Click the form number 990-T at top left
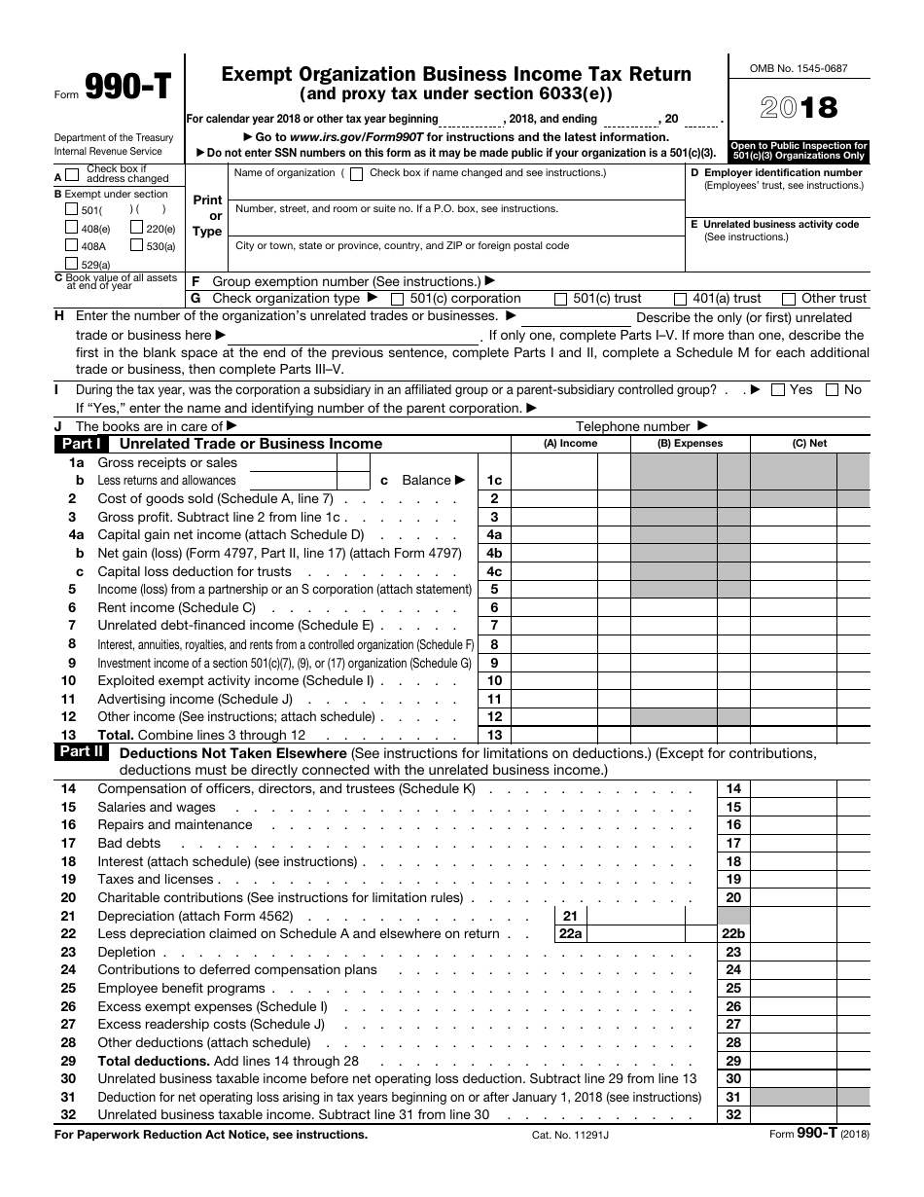(x=128, y=89)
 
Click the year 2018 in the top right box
(x=799, y=108)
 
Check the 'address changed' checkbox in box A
(x=71, y=176)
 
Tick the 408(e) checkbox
(x=71, y=228)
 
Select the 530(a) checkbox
(x=137, y=246)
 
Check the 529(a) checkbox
(x=71, y=264)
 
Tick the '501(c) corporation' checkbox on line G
(x=398, y=299)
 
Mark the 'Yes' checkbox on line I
(x=777, y=389)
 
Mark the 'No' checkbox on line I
(x=832, y=389)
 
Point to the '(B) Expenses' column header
(x=691, y=444)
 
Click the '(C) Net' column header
(x=809, y=444)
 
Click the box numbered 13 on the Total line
(x=494, y=736)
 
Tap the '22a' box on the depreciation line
(x=570, y=934)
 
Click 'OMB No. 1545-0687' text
(x=799, y=69)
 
